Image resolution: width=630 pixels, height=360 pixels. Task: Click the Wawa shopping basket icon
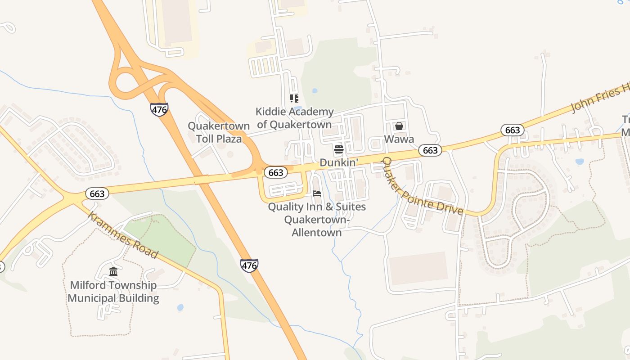(x=399, y=126)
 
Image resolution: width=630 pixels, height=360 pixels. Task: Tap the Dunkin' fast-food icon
(x=339, y=149)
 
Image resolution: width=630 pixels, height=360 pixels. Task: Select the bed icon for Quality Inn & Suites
(x=317, y=193)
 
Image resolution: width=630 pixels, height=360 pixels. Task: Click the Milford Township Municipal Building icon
(x=113, y=272)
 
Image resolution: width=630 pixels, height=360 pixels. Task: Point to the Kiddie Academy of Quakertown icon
(x=294, y=99)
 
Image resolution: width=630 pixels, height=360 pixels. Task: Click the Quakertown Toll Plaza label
(x=219, y=132)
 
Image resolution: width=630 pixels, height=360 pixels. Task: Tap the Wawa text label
(x=399, y=139)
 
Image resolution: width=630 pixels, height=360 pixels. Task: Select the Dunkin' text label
(x=339, y=162)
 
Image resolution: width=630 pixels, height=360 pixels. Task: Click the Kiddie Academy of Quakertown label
(x=294, y=118)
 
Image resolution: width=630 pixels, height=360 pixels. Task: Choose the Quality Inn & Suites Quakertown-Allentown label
(x=317, y=220)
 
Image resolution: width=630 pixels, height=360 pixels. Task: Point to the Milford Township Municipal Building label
(x=113, y=292)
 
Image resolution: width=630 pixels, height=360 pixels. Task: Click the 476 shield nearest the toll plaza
(x=159, y=109)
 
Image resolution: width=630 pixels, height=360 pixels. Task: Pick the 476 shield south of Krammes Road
(x=249, y=265)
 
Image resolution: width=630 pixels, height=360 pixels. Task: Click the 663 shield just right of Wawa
(x=430, y=150)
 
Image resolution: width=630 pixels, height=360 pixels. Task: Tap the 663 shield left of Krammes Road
(x=97, y=194)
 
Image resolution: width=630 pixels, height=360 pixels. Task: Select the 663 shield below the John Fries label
(x=513, y=130)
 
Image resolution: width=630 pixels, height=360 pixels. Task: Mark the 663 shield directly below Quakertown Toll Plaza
(x=275, y=172)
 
